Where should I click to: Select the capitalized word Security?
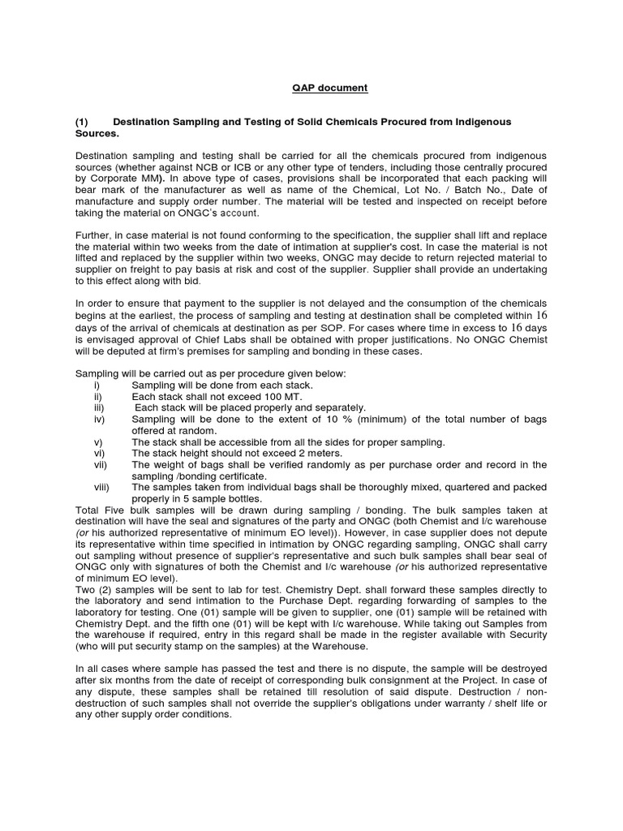(524, 633)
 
